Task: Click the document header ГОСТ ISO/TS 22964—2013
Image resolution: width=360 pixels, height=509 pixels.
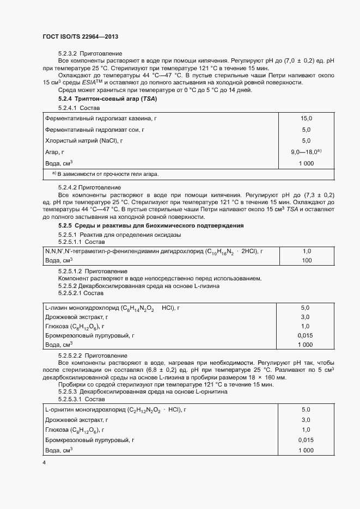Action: (80, 36)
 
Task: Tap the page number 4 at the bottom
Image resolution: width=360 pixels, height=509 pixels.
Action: (44, 463)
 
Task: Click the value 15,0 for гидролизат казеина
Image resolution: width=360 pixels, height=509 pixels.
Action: (306, 118)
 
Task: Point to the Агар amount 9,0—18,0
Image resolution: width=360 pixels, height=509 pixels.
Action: (306, 152)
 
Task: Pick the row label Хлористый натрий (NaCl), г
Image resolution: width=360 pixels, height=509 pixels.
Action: (84, 140)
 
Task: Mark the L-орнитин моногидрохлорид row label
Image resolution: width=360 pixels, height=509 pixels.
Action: (115, 409)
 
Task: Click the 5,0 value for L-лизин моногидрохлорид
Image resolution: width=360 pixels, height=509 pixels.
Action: (305, 308)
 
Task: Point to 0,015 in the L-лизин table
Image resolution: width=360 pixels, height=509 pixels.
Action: (306, 335)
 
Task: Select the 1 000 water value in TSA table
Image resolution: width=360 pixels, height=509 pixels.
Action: (306, 163)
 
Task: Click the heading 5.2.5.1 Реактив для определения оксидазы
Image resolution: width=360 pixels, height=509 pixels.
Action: (119, 235)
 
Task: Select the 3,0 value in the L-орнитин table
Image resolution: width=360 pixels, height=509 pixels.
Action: (306, 420)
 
